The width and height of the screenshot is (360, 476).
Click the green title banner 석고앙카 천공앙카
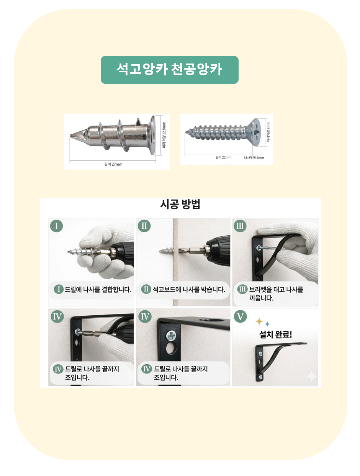[169, 70]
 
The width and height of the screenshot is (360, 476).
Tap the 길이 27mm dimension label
[113, 164]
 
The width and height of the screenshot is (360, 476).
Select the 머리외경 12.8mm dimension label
[164, 135]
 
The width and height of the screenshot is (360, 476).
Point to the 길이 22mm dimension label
[223, 157]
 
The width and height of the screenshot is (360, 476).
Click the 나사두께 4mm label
[254, 158]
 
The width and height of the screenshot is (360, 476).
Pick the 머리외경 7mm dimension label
[268, 132]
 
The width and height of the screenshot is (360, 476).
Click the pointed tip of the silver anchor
[71, 136]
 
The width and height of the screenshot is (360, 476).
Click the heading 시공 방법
[180, 204]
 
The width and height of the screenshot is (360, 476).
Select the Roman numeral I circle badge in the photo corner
[56, 226]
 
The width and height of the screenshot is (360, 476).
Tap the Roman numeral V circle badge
[240, 316]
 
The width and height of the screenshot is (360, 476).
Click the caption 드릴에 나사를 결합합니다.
[98, 289]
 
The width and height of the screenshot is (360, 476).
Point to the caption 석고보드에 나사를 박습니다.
[189, 289]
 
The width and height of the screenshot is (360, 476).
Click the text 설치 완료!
[275, 334]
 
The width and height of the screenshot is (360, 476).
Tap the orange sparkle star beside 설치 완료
[259, 321]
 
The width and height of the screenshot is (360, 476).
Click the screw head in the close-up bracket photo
[171, 336]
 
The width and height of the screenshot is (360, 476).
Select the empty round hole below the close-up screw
[171, 348]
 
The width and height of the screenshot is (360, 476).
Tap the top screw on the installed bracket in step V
[260, 354]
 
